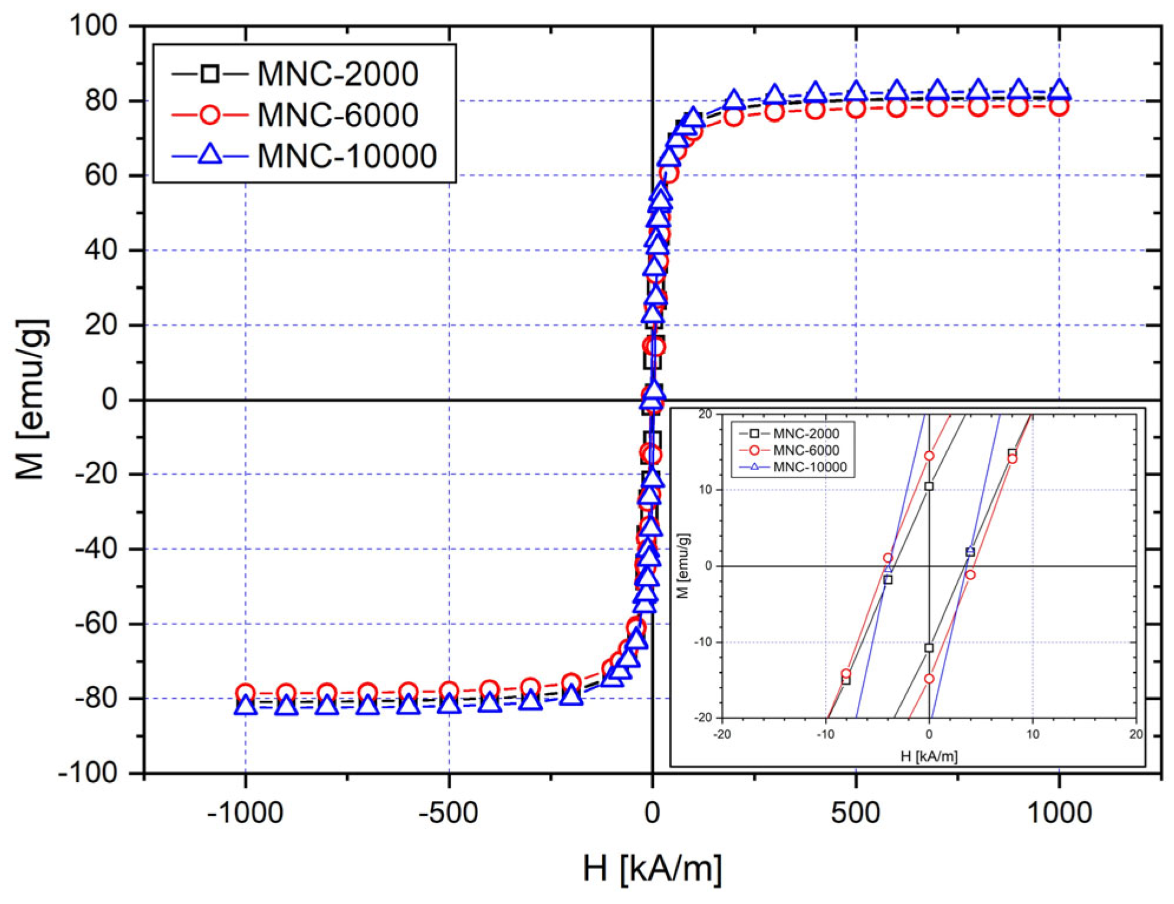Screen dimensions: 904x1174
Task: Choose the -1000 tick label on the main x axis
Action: pyautogui.click(x=245, y=813)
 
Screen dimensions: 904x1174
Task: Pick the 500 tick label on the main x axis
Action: pyautogui.click(x=855, y=813)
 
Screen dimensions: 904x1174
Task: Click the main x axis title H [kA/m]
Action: pyautogui.click(x=652, y=868)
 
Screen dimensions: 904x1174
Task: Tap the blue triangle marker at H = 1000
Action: pyautogui.click(x=1059, y=90)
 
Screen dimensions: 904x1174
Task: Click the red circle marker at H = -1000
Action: pyautogui.click(x=245, y=693)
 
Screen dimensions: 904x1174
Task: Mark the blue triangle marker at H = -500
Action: pyautogui.click(x=449, y=702)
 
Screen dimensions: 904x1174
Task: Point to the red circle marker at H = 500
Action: pyautogui.click(x=855, y=108)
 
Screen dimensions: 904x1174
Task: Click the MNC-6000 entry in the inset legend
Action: pyautogui.click(x=805, y=451)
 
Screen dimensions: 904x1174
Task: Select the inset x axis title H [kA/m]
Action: pyautogui.click(x=929, y=756)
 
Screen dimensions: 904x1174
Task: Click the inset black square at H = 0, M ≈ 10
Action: pyautogui.click(x=929, y=486)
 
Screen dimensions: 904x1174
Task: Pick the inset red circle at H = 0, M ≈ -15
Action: pyautogui.click(x=929, y=679)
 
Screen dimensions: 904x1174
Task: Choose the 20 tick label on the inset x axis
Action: pyautogui.click(x=1135, y=734)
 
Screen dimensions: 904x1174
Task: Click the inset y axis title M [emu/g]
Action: pyautogui.click(x=683, y=566)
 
